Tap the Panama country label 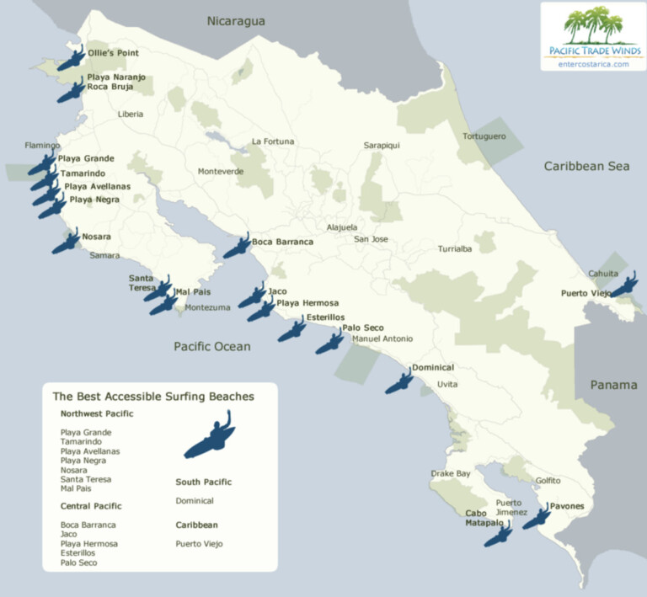coord(613,385)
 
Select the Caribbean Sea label coord(586,166)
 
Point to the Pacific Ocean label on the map coord(212,346)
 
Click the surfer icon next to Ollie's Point coord(72,59)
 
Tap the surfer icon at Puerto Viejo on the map coord(624,286)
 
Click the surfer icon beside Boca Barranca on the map coord(237,246)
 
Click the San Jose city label coord(371,239)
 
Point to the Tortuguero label coord(484,136)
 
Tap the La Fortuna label coord(273,141)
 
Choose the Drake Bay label coord(451,474)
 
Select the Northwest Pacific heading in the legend coord(97,413)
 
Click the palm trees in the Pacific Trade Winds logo coord(593,24)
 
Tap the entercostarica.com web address coord(593,63)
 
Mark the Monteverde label coord(221,172)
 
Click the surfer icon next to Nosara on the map coord(66,243)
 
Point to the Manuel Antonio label coord(382,338)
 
